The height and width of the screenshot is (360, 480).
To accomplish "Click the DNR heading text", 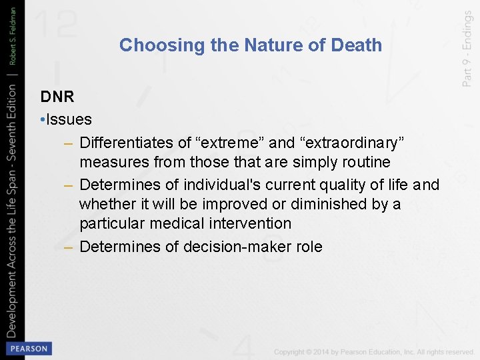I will click(57, 97).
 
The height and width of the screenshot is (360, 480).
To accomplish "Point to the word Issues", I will click(69, 120).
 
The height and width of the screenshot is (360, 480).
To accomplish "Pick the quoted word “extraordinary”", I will click(351, 143).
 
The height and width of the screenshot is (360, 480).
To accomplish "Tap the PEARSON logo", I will click(29, 349).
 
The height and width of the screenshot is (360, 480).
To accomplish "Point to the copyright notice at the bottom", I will click(374, 352).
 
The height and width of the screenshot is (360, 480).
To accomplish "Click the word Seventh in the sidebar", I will click(12, 140).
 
